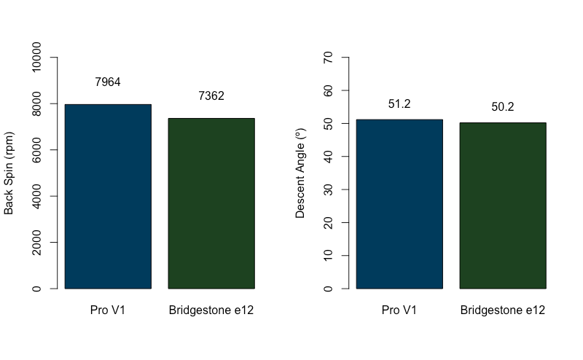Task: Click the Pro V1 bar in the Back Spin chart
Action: [108, 197]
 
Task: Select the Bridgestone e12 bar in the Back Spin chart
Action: [211, 203]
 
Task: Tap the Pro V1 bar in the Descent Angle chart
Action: [399, 204]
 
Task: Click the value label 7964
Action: [108, 82]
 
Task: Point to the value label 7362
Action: [211, 96]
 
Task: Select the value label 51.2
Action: [399, 104]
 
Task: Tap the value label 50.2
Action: [503, 107]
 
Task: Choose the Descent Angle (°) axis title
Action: [300, 173]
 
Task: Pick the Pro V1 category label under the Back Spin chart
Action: [108, 310]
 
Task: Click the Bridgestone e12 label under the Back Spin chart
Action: [211, 310]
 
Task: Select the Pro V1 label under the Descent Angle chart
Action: [399, 310]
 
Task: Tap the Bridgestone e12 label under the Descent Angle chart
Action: [503, 310]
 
